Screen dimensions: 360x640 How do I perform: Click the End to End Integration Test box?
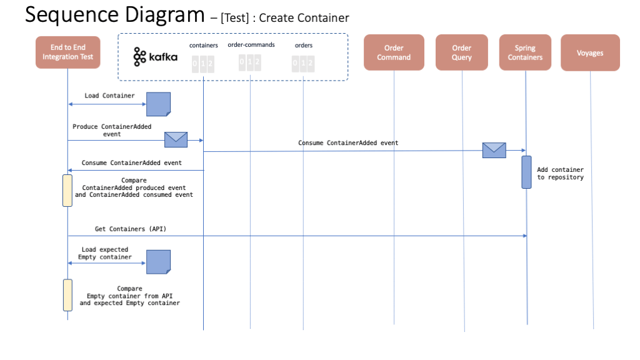point(67,52)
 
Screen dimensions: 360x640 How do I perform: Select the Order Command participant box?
point(394,52)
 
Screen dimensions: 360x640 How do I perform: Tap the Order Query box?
point(462,52)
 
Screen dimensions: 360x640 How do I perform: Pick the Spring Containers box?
point(525,52)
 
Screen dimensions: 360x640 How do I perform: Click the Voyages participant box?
point(590,52)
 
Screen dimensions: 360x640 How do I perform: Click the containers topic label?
point(203,46)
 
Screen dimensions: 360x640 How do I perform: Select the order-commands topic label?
point(251,45)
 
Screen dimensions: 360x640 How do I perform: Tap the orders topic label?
point(303,45)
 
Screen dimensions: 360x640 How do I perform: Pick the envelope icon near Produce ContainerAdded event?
point(176,140)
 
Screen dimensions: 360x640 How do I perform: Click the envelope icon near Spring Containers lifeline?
point(494,150)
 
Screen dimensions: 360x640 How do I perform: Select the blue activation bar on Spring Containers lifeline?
point(526,172)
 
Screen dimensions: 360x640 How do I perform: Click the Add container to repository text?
point(560,173)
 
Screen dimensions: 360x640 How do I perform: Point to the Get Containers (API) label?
point(131,229)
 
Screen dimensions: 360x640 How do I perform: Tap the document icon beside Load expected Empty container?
point(158,261)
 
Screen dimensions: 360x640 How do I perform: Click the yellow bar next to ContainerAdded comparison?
point(67,191)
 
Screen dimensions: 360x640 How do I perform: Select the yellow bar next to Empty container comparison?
point(67,295)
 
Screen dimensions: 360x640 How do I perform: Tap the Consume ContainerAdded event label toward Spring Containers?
point(348,143)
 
